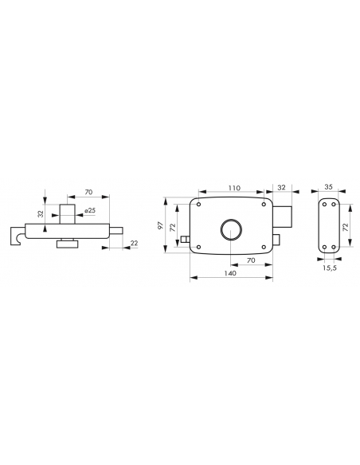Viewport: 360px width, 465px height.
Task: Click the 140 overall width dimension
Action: coord(230,273)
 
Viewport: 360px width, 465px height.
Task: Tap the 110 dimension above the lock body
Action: coord(234,188)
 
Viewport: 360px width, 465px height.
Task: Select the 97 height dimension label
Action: coord(161,225)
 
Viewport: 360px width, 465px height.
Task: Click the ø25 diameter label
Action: coord(90,210)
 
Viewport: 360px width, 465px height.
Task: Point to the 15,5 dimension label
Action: coord(330,268)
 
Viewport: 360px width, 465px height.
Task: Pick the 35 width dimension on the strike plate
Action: coord(329,187)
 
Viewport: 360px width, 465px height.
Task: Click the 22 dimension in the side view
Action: coord(135,243)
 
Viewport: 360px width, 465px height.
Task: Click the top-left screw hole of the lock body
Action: coord(198,205)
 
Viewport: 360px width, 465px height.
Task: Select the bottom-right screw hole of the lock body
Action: coord(264,247)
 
